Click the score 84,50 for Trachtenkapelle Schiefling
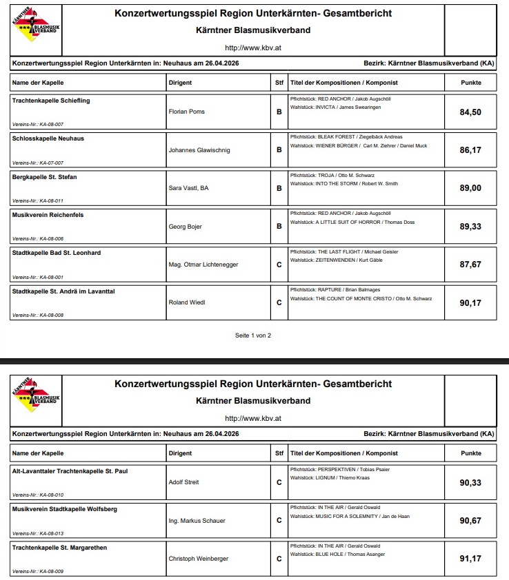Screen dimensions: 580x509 470,112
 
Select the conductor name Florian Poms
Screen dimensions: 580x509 186,112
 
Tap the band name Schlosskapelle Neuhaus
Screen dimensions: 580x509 48,138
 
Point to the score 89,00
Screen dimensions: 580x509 470,188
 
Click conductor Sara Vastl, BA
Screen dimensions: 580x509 188,188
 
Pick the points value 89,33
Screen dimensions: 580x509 470,226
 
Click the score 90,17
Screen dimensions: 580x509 470,302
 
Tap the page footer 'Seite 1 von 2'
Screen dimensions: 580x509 253,335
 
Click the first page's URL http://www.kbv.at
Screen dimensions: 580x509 252,48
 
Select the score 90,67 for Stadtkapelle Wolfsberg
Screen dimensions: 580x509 470,521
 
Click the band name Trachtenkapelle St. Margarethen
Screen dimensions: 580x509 59,548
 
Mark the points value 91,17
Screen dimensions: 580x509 470,559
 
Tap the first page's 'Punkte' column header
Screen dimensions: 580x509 471,83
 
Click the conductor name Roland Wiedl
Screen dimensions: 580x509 187,302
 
